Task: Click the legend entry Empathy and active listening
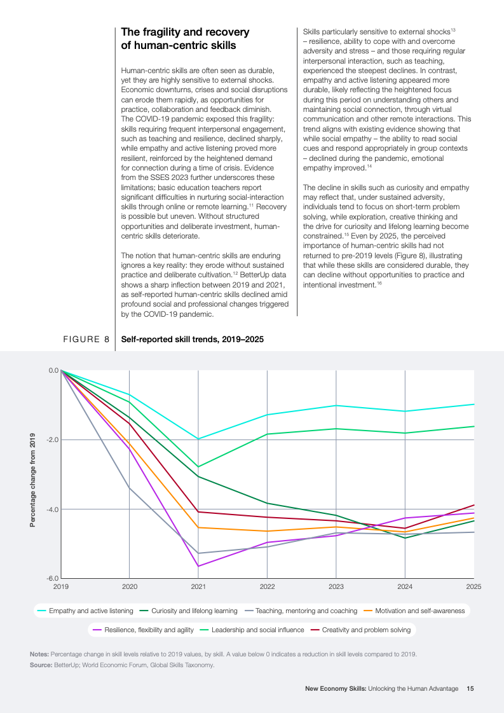pos(91,611)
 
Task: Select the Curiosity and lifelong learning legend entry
pos(193,611)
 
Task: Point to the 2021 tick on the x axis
pos(198,586)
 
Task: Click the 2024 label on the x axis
pos(405,586)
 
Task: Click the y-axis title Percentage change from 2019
pos(32,481)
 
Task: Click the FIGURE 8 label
pos(86,340)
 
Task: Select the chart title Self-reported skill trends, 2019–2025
pos(192,340)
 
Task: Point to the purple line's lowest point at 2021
pos(198,566)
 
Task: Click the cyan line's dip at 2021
pos(198,439)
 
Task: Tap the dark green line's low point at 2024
pos(405,538)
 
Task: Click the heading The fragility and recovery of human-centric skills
pos(185,39)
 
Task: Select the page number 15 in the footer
pos(470,688)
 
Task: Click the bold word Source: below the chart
pos(41,665)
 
